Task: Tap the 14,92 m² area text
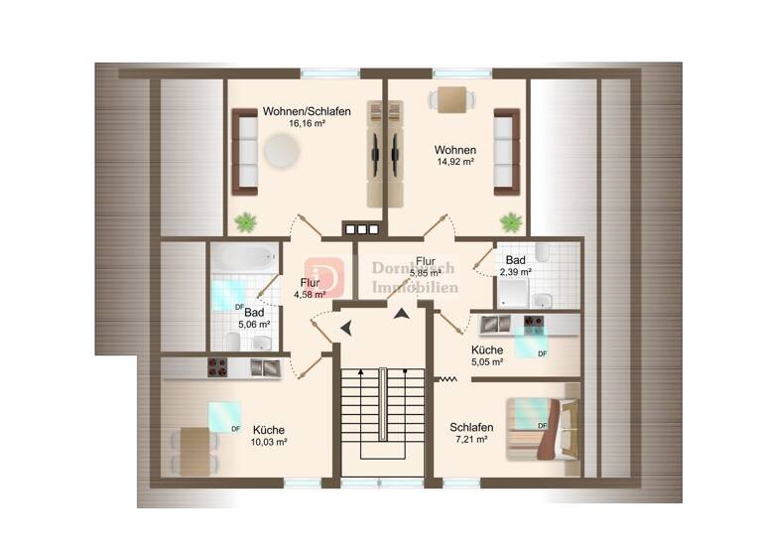454,162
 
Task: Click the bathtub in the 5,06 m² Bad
243,256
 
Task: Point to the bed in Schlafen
543,428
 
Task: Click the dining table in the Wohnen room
452,100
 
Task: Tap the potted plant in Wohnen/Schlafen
243,220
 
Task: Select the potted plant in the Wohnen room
511,220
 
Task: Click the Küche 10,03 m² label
268,436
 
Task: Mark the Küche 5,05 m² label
487,354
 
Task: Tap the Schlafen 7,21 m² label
471,432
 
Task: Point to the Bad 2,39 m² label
515,265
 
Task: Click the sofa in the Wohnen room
505,152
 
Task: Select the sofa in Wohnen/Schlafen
245,152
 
